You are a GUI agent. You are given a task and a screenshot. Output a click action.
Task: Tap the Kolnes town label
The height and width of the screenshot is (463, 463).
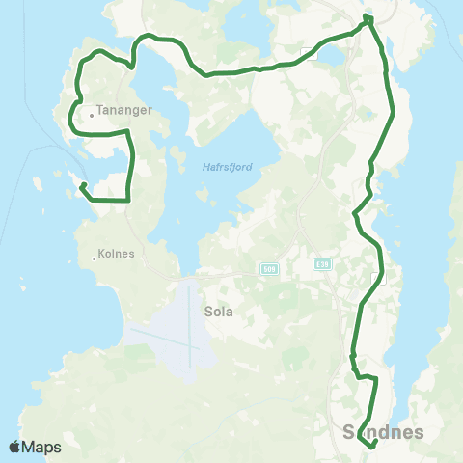pos(116,256)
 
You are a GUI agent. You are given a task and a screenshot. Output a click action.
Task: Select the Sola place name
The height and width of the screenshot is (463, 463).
pos(218,313)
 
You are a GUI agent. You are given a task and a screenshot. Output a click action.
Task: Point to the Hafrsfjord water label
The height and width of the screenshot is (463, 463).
pos(228,166)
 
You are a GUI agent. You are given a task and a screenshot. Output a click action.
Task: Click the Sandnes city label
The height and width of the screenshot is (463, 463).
pos(383,432)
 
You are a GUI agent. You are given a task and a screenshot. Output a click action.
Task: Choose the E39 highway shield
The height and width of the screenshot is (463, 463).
pos(321,261)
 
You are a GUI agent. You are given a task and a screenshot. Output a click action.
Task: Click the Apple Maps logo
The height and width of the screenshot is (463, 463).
pos(35,447)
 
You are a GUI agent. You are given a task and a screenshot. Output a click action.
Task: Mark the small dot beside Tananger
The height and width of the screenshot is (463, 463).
pos(92,115)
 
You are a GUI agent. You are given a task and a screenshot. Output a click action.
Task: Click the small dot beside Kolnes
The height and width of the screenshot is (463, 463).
pos(94,258)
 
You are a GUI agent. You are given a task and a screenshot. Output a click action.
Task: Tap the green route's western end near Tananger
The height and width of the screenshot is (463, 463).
pos(82,184)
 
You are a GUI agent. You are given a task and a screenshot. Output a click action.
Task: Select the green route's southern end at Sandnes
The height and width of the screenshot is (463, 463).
pos(372,446)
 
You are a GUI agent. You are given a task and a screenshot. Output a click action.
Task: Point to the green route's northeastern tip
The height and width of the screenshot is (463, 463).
pos(368,17)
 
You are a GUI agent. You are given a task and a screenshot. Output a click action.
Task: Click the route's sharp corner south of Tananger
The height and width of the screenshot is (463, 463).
pos(128,199)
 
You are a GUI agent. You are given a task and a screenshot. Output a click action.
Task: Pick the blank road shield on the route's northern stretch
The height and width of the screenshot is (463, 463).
pos(309,50)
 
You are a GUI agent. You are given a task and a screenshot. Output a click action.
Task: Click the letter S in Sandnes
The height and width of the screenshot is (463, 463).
pos(348,432)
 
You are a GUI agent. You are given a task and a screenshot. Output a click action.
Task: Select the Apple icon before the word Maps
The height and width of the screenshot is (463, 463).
pos(15,447)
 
